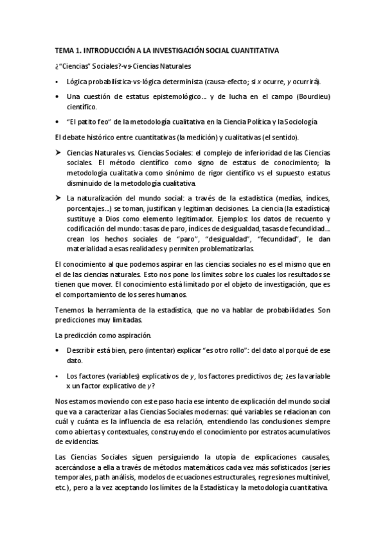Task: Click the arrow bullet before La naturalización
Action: (58, 199)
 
